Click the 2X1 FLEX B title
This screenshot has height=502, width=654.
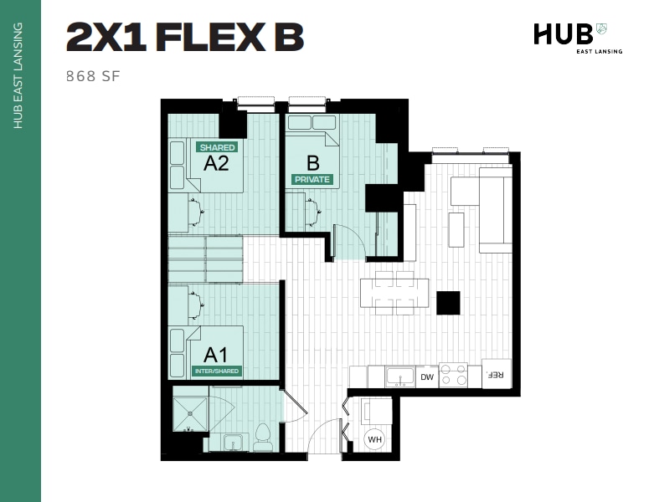pyautogui.click(x=184, y=38)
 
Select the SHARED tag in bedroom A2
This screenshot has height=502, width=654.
pyautogui.click(x=217, y=147)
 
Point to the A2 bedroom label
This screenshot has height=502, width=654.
pyautogui.click(x=216, y=163)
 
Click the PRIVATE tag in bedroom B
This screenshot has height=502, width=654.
pyautogui.click(x=312, y=179)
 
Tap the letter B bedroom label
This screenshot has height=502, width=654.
pyautogui.click(x=313, y=162)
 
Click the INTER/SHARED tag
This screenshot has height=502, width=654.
pyautogui.click(x=217, y=371)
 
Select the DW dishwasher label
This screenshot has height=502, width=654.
pyautogui.click(x=426, y=377)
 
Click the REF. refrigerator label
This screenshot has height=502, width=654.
pyautogui.click(x=496, y=375)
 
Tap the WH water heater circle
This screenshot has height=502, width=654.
pyautogui.click(x=375, y=438)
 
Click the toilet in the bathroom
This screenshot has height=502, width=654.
pyautogui.click(x=263, y=437)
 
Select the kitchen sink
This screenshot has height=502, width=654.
pyautogui.click(x=399, y=377)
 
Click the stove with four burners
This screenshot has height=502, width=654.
pyautogui.click(x=453, y=376)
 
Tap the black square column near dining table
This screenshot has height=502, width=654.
pyautogui.click(x=448, y=303)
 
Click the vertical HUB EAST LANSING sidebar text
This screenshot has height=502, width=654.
pyautogui.click(x=18, y=75)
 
